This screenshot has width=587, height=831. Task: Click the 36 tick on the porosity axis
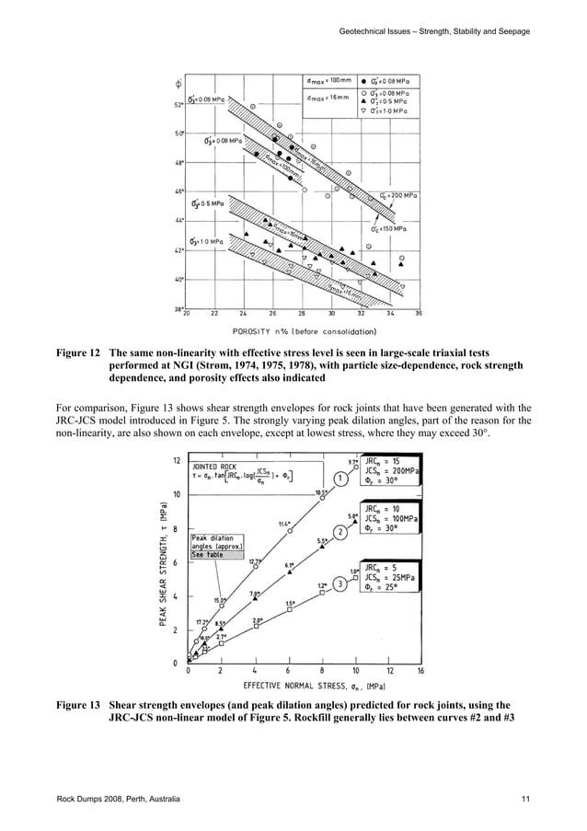click(x=419, y=315)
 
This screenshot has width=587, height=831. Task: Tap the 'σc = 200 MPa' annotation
click(x=399, y=195)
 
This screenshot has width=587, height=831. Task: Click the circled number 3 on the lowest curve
click(x=340, y=583)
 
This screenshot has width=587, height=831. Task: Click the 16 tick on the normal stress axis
click(x=420, y=672)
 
